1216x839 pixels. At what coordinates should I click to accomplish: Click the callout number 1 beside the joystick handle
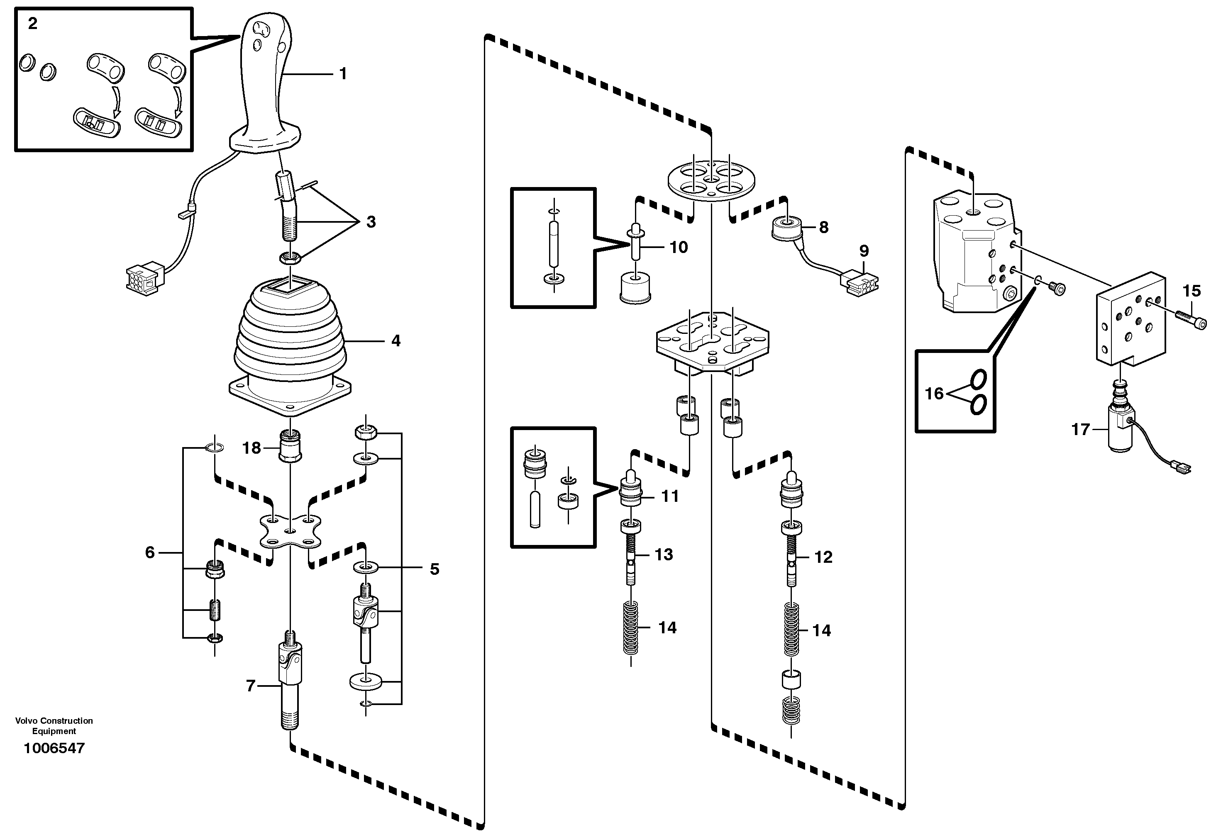343,73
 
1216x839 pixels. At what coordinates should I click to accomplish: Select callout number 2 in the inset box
33,24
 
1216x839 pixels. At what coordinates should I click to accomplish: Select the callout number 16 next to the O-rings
934,393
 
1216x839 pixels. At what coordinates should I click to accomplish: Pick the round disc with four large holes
711,180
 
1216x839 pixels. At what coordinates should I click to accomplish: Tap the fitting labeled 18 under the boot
290,446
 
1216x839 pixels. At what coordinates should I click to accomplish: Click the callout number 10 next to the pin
679,247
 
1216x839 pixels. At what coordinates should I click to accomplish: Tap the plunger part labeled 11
632,490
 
